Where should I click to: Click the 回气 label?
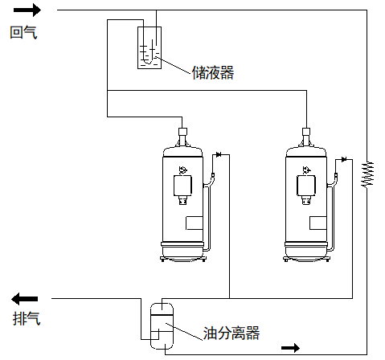point(23,33)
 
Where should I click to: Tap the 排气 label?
point(27,318)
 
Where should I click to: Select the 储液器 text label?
point(213,72)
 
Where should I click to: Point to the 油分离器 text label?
point(231,333)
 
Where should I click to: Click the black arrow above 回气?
point(27,10)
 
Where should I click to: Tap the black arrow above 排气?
point(24,299)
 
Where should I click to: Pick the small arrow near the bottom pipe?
point(290,348)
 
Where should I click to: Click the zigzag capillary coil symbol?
point(367,174)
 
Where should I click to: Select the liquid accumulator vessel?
point(149,47)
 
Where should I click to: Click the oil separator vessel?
point(162,326)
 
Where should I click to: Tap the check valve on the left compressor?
point(219,154)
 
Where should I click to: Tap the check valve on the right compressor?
point(344,160)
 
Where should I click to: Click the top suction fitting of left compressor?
point(182,132)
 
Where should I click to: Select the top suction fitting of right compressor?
point(306,132)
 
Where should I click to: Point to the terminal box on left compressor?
point(183,186)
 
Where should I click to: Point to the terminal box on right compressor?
point(306,186)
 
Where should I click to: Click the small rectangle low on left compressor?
point(195,223)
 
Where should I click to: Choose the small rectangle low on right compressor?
point(318,223)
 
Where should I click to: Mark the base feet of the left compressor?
point(183,259)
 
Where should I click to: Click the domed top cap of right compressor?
point(306,152)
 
